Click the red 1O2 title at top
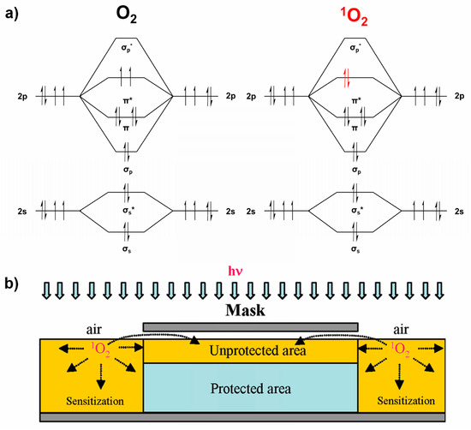[356, 16]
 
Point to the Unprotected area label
[250, 349]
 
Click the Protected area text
[250, 387]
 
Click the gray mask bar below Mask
[250, 327]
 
